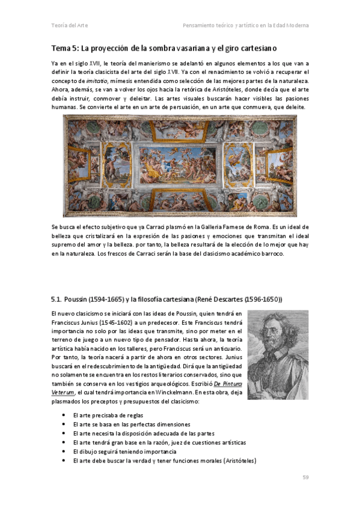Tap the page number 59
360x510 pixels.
305,478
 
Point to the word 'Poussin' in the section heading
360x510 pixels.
78,299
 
